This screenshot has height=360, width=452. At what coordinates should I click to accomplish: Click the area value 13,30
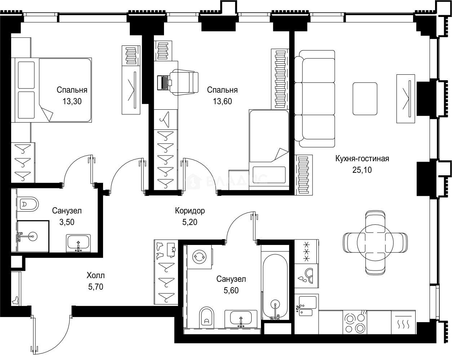(x=72, y=101)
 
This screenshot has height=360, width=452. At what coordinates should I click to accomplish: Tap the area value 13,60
(x=222, y=101)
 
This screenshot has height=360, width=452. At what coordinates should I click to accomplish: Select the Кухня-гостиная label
(x=362, y=159)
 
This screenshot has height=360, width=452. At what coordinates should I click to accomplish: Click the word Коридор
(x=190, y=211)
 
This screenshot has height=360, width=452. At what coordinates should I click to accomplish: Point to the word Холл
(x=96, y=275)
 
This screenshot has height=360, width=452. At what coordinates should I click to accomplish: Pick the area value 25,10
(x=362, y=170)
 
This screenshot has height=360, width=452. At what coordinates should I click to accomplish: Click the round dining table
(x=375, y=243)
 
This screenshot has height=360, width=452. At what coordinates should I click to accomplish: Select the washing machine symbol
(x=199, y=257)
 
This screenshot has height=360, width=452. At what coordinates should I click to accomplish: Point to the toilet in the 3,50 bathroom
(x=28, y=204)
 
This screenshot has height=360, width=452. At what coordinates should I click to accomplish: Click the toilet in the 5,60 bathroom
(x=207, y=317)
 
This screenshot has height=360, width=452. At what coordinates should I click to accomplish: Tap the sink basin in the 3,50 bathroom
(x=78, y=243)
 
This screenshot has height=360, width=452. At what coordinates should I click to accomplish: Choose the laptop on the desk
(x=164, y=83)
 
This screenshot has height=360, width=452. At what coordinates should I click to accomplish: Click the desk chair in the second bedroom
(x=184, y=82)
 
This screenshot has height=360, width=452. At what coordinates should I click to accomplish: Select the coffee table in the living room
(x=365, y=98)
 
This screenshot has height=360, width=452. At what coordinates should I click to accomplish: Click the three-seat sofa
(x=314, y=98)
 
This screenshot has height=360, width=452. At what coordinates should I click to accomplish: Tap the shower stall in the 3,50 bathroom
(x=33, y=236)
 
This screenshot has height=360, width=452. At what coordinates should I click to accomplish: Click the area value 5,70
(x=96, y=287)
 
